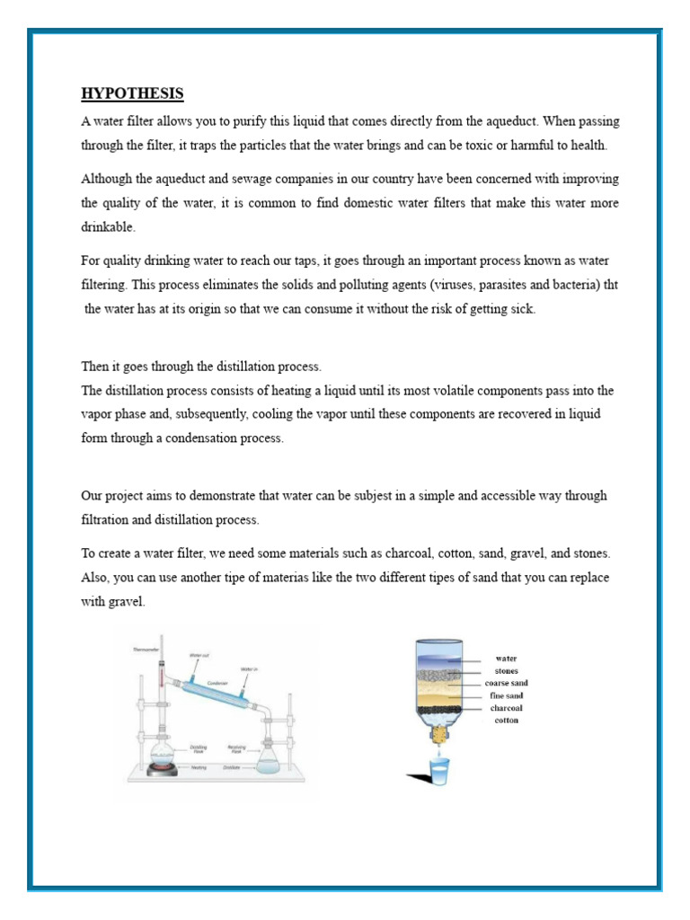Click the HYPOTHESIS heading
[132, 93]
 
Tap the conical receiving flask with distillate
[268, 759]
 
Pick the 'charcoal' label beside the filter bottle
[506, 708]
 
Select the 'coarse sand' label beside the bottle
[506, 683]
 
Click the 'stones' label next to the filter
[506, 670]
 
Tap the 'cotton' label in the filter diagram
[506, 721]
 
